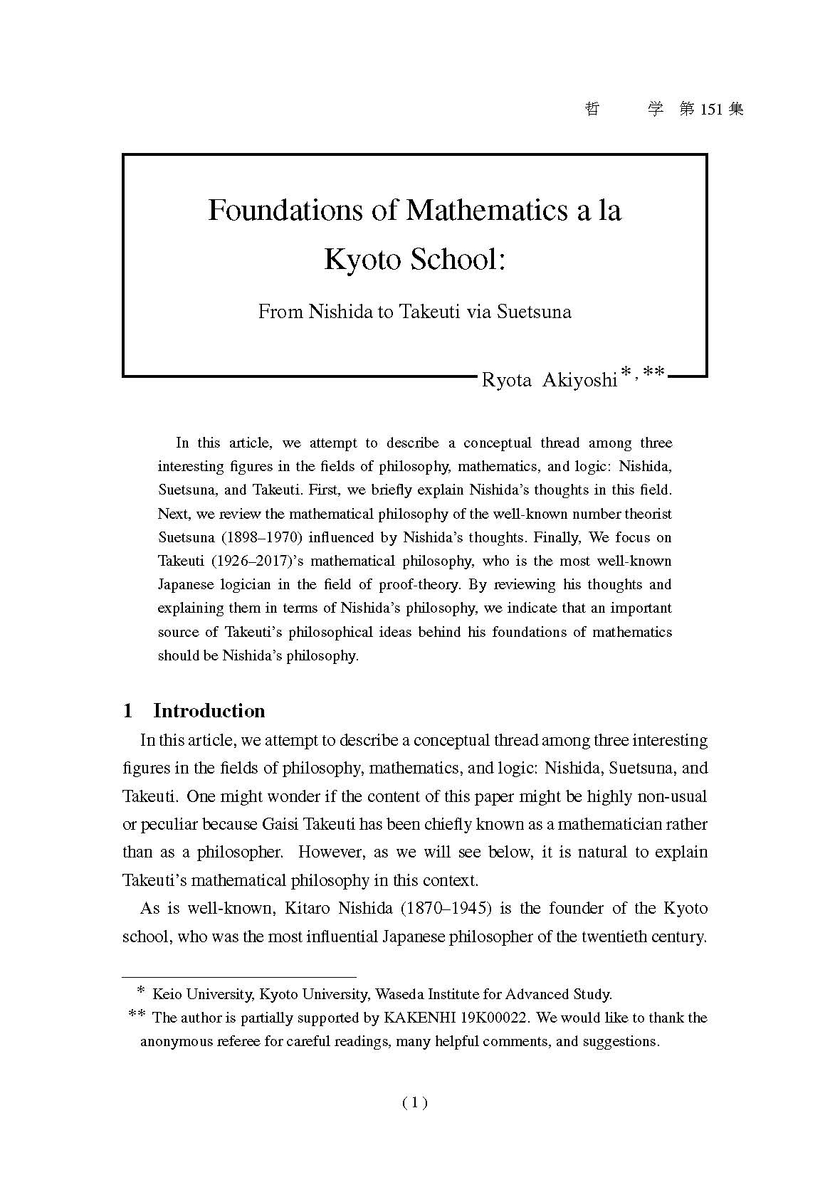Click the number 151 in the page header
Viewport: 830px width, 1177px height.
coord(712,110)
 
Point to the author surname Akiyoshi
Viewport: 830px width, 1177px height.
coord(579,380)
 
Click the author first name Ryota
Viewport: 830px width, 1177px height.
coord(507,380)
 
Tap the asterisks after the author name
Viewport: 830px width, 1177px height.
coord(642,373)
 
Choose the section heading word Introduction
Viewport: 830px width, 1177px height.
coord(209,711)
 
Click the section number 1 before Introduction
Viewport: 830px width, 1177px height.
coord(128,711)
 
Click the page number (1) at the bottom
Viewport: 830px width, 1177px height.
coord(415,1103)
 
